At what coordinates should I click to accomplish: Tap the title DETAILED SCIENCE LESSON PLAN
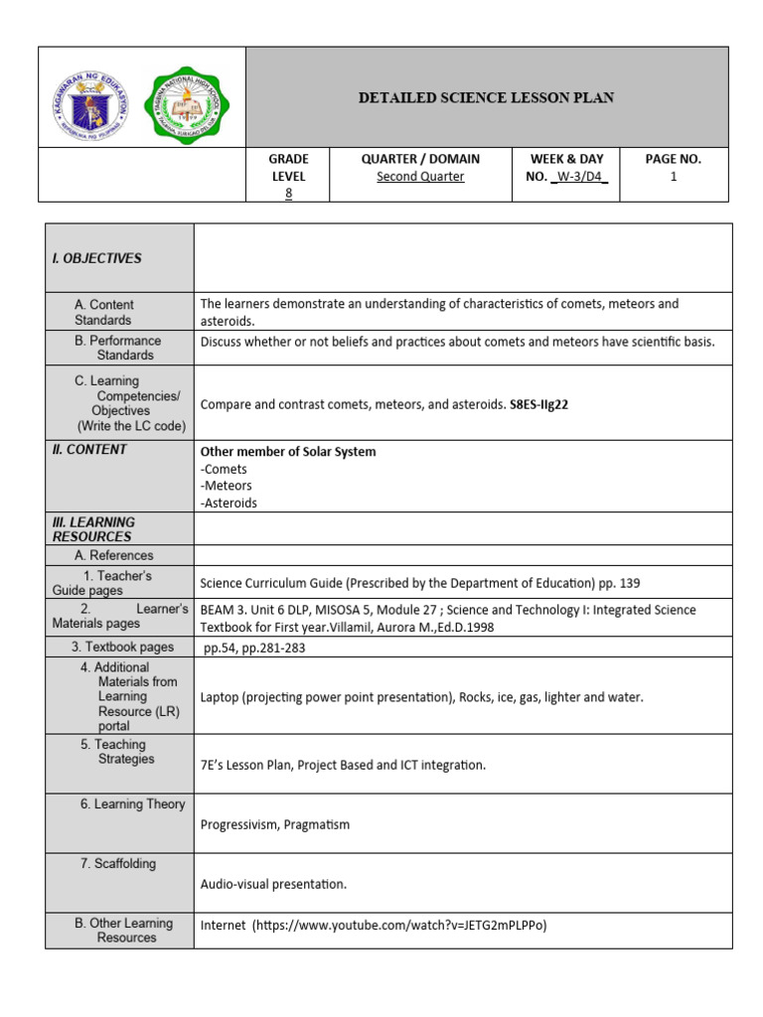pos(486,97)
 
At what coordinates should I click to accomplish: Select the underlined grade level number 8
pos(288,194)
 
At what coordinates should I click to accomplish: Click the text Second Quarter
pos(420,177)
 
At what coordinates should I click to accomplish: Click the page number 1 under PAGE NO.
pos(673,177)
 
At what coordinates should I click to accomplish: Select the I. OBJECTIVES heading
pos(96,258)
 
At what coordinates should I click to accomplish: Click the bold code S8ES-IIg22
pos(538,404)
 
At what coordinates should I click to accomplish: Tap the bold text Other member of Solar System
pos(288,452)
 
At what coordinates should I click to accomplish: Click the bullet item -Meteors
pos(227,486)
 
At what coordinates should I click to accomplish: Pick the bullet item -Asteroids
pos(229,503)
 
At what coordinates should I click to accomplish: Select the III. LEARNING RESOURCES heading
pos(93,528)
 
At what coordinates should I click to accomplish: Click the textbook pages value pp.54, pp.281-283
pos(254,648)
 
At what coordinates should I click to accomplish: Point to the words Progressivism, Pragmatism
pos(275,824)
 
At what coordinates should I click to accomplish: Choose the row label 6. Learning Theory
pos(132,803)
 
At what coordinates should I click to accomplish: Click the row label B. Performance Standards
pos(117,348)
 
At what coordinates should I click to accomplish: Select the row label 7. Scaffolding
pos(117,863)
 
